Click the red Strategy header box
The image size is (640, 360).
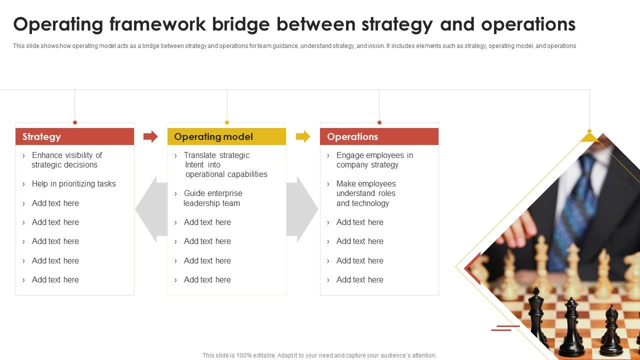74,136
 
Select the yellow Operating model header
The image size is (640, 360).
226,136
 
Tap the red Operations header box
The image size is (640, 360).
379,136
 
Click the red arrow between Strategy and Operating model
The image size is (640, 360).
150,136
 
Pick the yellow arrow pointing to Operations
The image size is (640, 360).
303,136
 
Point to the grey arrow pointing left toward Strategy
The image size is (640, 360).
150,209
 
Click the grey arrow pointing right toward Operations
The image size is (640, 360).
303,209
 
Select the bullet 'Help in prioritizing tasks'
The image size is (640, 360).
73,183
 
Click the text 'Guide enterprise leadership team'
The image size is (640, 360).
212,198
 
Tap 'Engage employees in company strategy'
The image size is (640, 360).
374,160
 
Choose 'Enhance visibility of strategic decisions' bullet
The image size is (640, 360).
66,160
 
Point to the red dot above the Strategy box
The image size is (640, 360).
75,122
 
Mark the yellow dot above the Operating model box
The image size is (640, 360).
227,122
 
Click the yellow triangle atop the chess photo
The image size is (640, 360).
589,137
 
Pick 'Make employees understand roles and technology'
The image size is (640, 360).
365,193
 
